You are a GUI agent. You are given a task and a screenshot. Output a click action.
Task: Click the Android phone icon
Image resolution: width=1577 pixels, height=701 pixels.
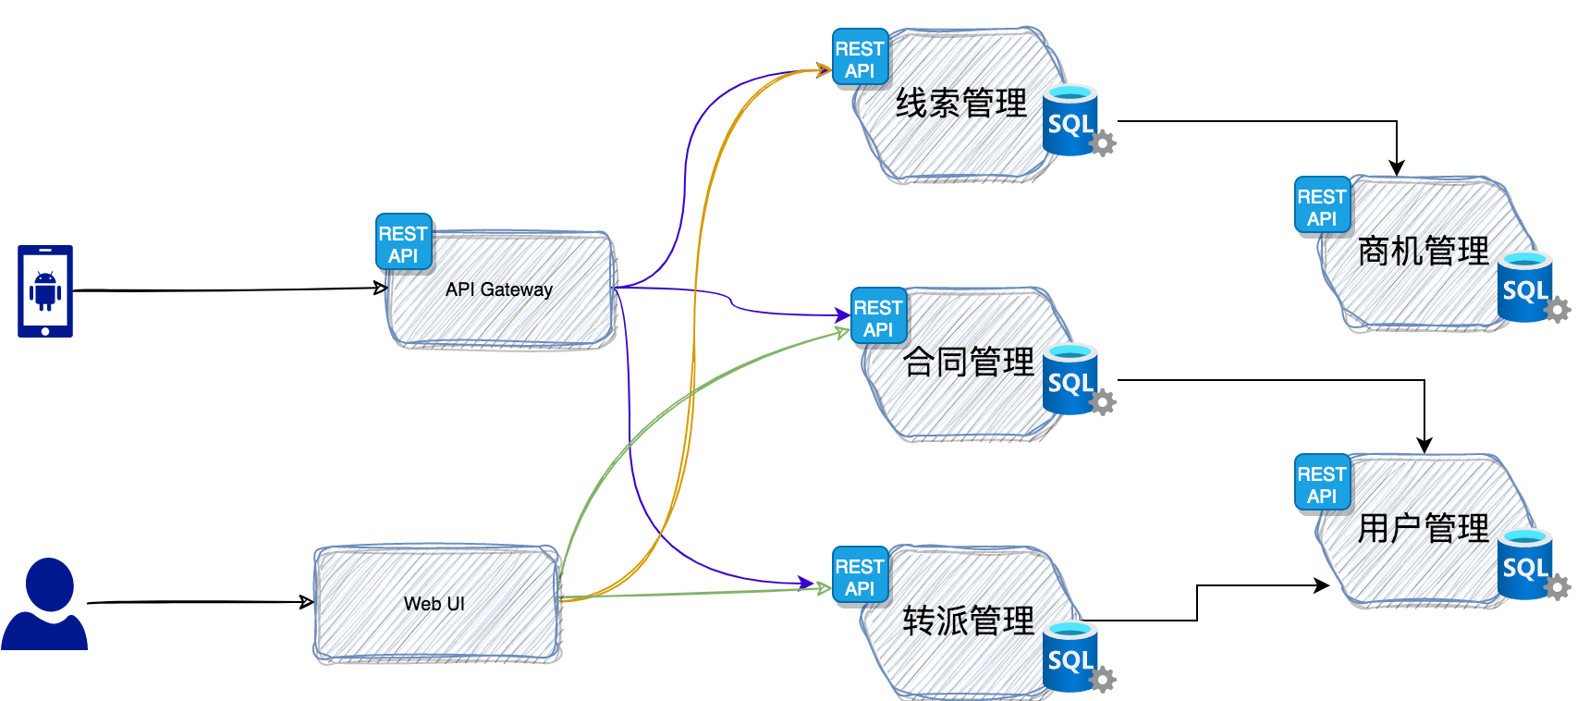(45, 290)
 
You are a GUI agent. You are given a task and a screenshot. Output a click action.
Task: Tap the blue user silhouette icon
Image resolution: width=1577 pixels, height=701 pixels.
(44, 604)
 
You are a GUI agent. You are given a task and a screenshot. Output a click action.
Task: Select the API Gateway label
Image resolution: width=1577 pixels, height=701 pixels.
(499, 289)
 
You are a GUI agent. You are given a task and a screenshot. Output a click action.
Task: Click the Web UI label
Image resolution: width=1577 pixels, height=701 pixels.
(434, 604)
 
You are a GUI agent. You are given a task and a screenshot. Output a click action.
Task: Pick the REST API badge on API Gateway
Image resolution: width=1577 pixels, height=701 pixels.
(404, 243)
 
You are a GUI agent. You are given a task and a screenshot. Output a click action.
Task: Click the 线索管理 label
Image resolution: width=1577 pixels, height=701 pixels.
(961, 103)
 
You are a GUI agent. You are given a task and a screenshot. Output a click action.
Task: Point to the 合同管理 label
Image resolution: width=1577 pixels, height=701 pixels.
(969, 362)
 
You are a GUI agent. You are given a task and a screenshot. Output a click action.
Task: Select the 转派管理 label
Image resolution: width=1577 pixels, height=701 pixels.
(969, 621)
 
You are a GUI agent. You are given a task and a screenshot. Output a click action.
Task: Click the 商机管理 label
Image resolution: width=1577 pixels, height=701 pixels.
(1424, 251)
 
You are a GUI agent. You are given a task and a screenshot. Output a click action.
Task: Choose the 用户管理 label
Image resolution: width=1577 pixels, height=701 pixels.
(1424, 528)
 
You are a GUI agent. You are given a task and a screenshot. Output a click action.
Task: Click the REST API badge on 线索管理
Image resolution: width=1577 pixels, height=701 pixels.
(861, 58)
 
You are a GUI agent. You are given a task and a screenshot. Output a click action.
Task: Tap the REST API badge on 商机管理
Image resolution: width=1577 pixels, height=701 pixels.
(1323, 206)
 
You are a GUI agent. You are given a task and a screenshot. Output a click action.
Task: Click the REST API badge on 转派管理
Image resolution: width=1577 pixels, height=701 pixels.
(861, 576)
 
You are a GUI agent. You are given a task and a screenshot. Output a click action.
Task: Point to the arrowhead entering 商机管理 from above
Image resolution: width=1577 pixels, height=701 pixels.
(1397, 168)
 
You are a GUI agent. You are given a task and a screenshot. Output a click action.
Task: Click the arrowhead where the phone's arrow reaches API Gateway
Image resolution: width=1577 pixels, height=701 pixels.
(380, 289)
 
